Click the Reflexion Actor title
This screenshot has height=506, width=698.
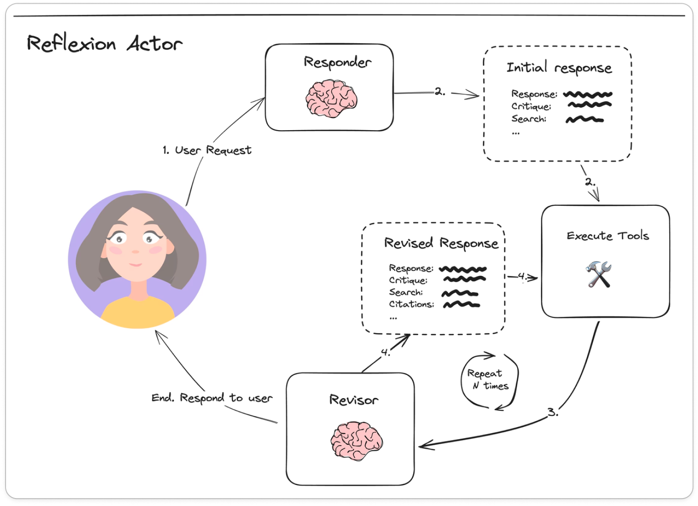point(105,44)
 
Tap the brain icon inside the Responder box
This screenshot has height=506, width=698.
point(331,99)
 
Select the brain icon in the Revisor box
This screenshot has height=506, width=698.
point(356,440)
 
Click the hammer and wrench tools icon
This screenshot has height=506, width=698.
point(599,274)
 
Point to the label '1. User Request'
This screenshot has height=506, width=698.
point(207,150)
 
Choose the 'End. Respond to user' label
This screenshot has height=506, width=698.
point(212,398)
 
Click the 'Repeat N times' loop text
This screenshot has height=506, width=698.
point(487,380)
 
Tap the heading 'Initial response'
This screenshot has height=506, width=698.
point(559,68)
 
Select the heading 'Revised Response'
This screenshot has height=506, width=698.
point(441,243)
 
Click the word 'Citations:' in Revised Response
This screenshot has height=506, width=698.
point(411,304)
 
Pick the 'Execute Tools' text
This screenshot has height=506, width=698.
point(607,236)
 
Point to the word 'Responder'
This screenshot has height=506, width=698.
point(337,62)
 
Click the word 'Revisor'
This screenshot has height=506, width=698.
point(354,400)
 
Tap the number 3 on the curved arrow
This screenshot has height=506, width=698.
point(552,412)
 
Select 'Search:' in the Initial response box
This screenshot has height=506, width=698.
point(529,119)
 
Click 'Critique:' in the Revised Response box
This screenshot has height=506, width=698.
point(408,280)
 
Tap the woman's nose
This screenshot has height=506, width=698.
point(135,251)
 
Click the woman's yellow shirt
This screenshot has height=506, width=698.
point(138,312)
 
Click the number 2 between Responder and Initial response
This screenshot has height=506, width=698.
point(440,92)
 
